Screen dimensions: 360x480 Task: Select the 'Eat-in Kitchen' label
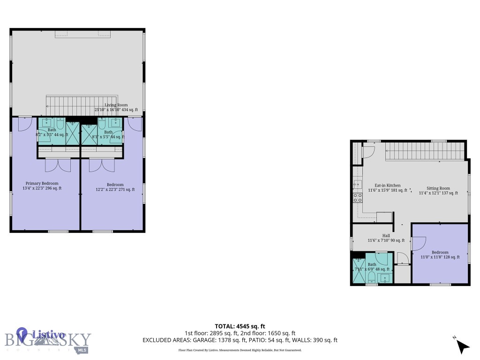pyautogui.click(x=387, y=185)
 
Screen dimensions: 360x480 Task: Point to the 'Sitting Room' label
pyautogui.click(x=438, y=188)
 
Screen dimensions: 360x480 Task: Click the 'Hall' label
pyautogui.click(x=386, y=236)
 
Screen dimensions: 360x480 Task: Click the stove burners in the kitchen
pyautogui.click(x=358, y=197)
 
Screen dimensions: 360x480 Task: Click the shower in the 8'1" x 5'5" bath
pyautogui.click(x=89, y=134)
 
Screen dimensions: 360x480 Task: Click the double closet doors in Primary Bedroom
pyautogui.click(x=58, y=165)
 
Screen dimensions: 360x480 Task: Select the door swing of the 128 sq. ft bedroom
pyautogui.click(x=419, y=243)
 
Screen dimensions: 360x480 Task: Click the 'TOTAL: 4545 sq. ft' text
pyautogui.click(x=240, y=326)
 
